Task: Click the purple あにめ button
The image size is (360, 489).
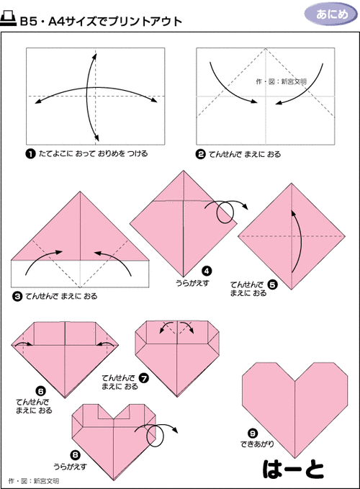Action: point(330,14)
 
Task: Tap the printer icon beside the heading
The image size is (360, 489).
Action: point(9,19)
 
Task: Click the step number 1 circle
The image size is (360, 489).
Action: point(30,154)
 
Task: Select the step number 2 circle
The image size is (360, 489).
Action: point(200,154)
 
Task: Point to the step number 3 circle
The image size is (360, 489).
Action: point(17,296)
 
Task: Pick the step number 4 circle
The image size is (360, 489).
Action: point(207,271)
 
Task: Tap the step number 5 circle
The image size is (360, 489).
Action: point(272,284)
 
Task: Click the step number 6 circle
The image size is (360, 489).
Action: point(41,391)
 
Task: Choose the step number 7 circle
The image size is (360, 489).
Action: point(144,378)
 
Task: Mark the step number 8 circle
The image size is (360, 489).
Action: point(75,455)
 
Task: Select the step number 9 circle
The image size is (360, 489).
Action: point(253,434)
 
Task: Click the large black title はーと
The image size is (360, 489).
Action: point(293,470)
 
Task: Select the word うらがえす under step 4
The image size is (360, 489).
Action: point(193,283)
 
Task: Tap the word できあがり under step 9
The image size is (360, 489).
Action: point(257,444)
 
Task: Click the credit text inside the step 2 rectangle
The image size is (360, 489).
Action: point(281,81)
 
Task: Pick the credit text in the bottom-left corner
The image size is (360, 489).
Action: point(34,481)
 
